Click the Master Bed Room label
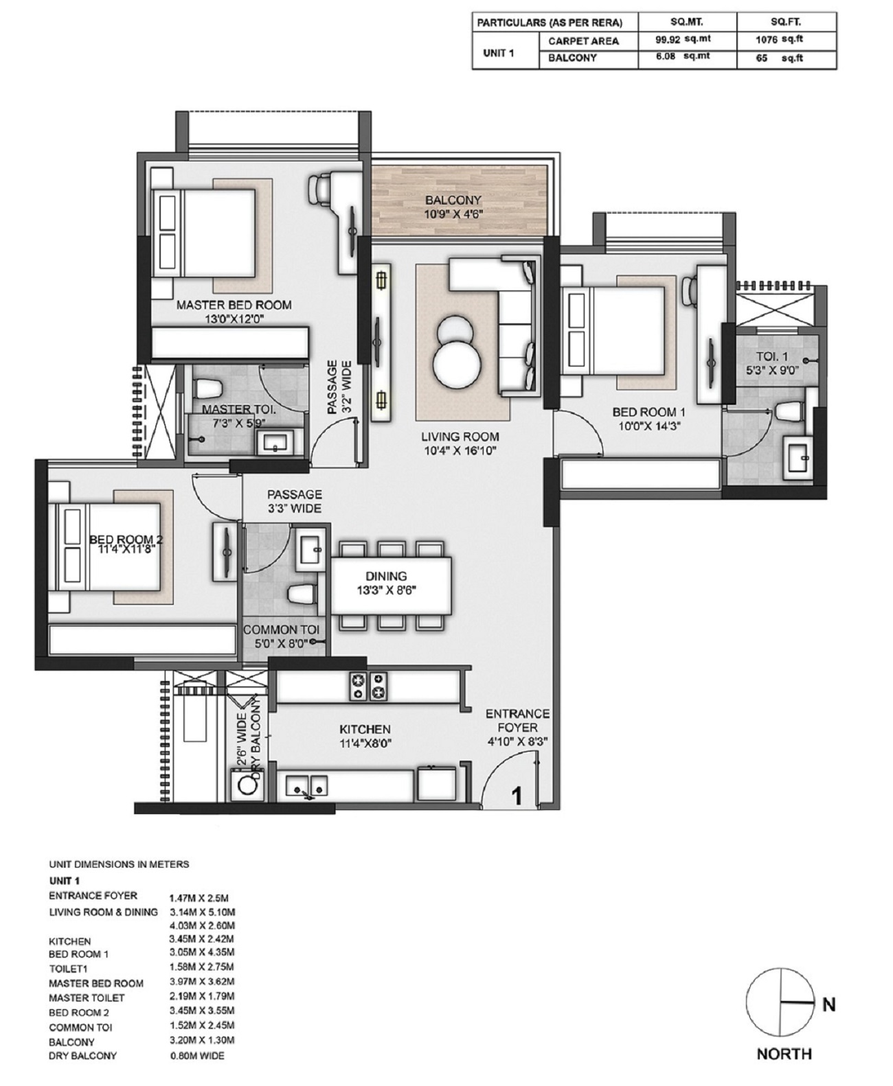(234, 305)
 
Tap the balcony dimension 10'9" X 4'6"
(453, 214)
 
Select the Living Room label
(460, 437)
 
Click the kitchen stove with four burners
(368, 686)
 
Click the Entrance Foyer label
(517, 721)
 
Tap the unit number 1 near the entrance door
(517, 796)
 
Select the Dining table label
(385, 577)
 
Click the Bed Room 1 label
(648, 412)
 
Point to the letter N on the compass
(828, 1004)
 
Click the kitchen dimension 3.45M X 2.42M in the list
(201, 938)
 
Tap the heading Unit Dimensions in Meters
(118, 864)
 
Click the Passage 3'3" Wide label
(295, 501)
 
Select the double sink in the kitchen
(307, 785)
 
